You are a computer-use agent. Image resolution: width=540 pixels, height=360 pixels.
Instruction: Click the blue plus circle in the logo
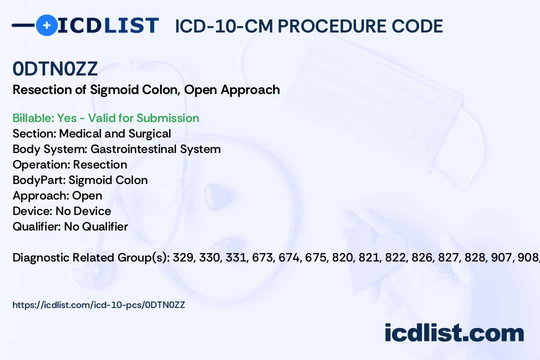[46, 25]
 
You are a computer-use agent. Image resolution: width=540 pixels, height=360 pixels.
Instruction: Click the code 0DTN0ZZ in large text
[55, 69]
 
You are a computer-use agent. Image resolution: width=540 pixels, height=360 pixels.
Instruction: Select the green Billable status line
[105, 118]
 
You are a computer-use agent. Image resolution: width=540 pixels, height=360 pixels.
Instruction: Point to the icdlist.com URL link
[99, 305]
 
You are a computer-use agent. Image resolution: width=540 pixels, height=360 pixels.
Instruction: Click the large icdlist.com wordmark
[454, 333]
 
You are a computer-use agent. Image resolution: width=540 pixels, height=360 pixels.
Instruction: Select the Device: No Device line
[62, 211]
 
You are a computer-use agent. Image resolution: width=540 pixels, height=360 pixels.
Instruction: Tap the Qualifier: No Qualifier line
[70, 226]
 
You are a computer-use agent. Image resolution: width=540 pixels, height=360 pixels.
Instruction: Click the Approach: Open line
[57, 195]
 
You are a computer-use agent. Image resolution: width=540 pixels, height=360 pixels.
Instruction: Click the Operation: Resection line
[70, 164]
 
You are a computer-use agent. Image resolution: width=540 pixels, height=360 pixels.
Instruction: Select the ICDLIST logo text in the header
[108, 25]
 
